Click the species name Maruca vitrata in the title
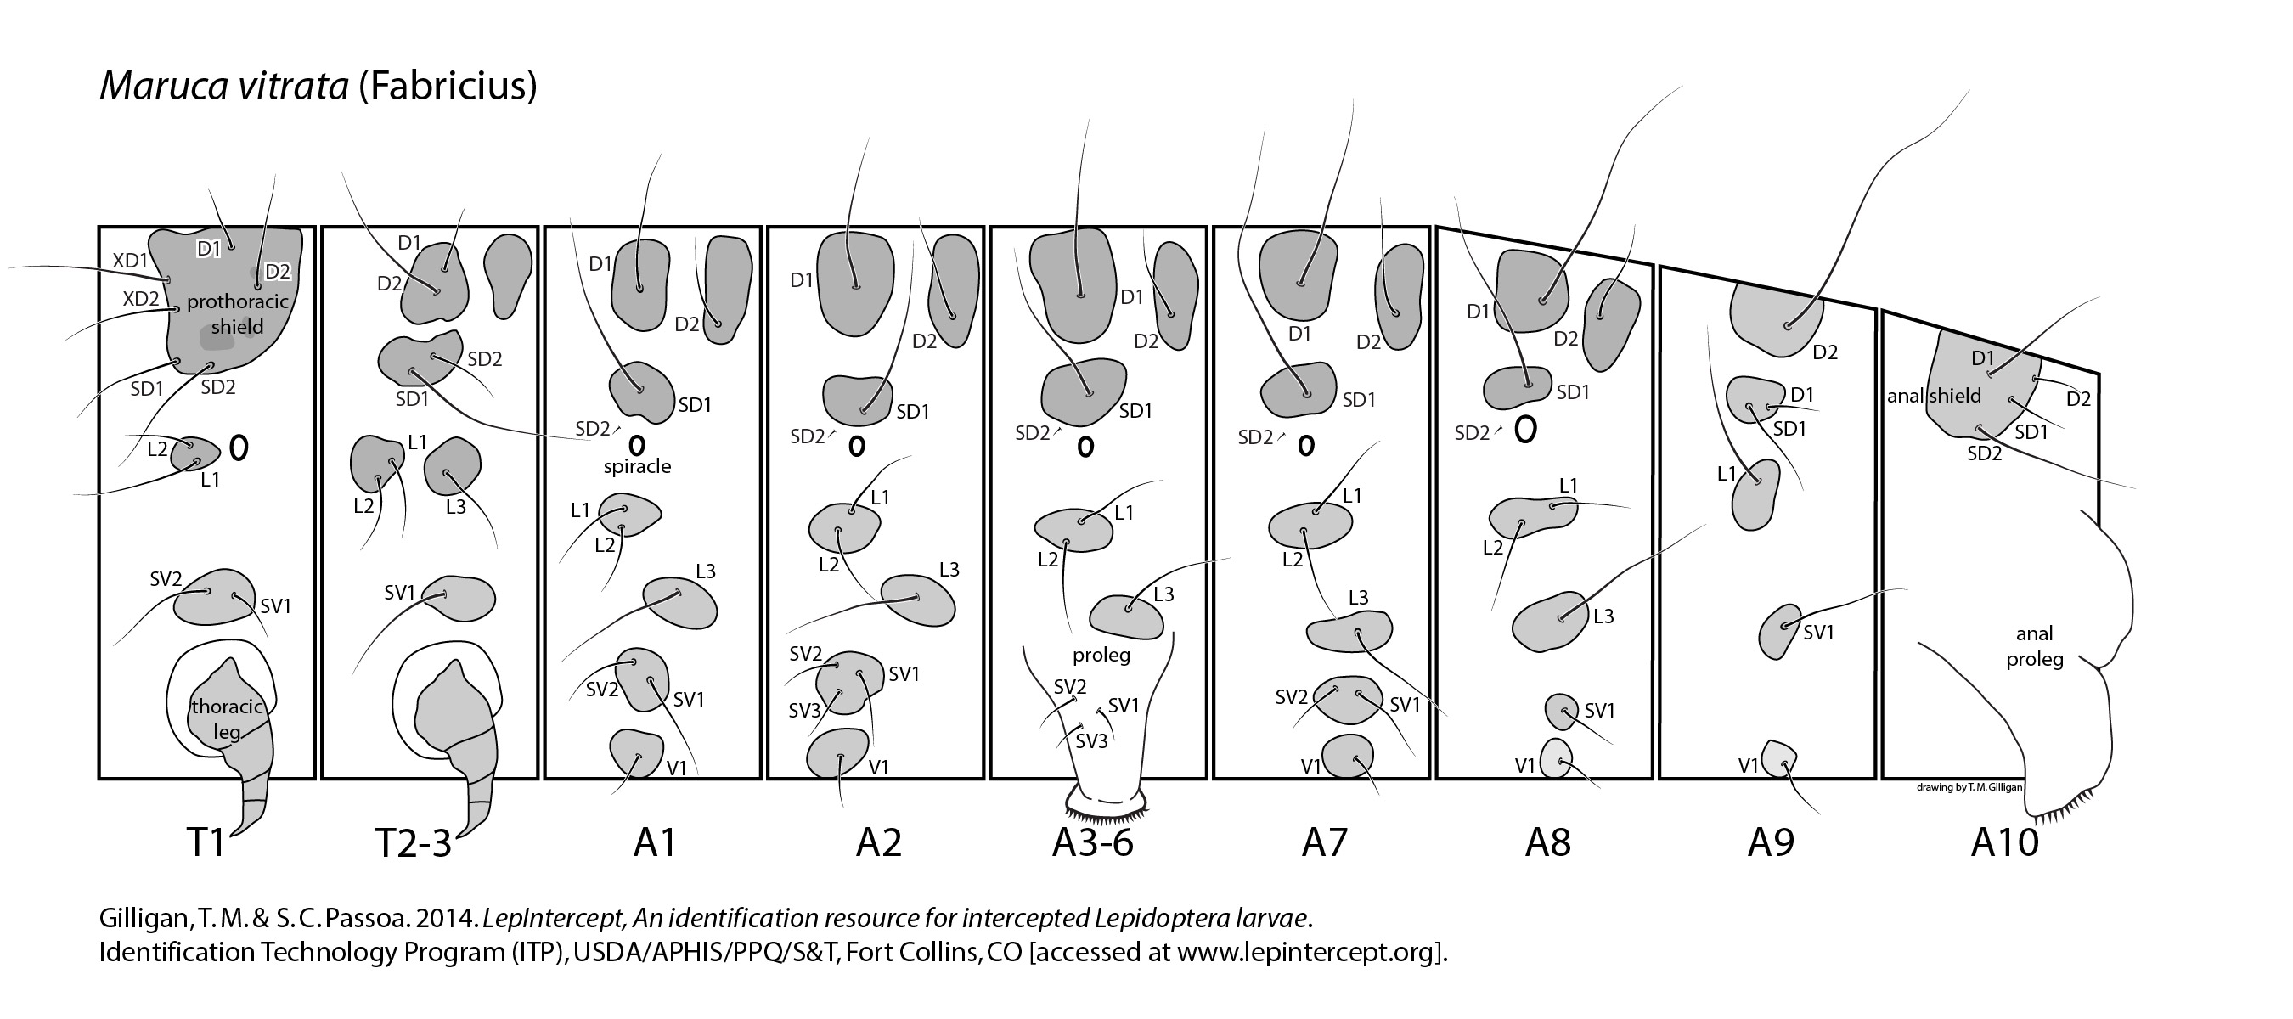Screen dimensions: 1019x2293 point(223,87)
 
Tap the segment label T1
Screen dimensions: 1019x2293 point(206,841)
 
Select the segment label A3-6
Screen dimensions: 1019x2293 point(1092,841)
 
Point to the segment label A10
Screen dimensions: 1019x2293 point(2004,841)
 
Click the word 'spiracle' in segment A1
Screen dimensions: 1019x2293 point(637,466)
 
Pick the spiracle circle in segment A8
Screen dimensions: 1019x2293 point(1524,431)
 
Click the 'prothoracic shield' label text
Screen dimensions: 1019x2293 point(238,314)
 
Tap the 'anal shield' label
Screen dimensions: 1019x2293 point(1935,395)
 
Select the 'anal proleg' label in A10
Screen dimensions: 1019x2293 point(2034,646)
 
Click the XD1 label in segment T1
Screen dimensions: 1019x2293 point(130,261)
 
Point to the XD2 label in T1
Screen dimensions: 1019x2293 point(141,298)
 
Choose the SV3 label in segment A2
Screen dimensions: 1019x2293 point(805,710)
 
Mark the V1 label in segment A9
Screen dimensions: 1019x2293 point(1749,765)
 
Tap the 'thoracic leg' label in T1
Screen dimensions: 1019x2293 point(227,719)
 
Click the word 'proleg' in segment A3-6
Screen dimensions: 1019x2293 point(1101,655)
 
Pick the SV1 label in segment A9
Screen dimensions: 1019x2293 point(1818,632)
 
